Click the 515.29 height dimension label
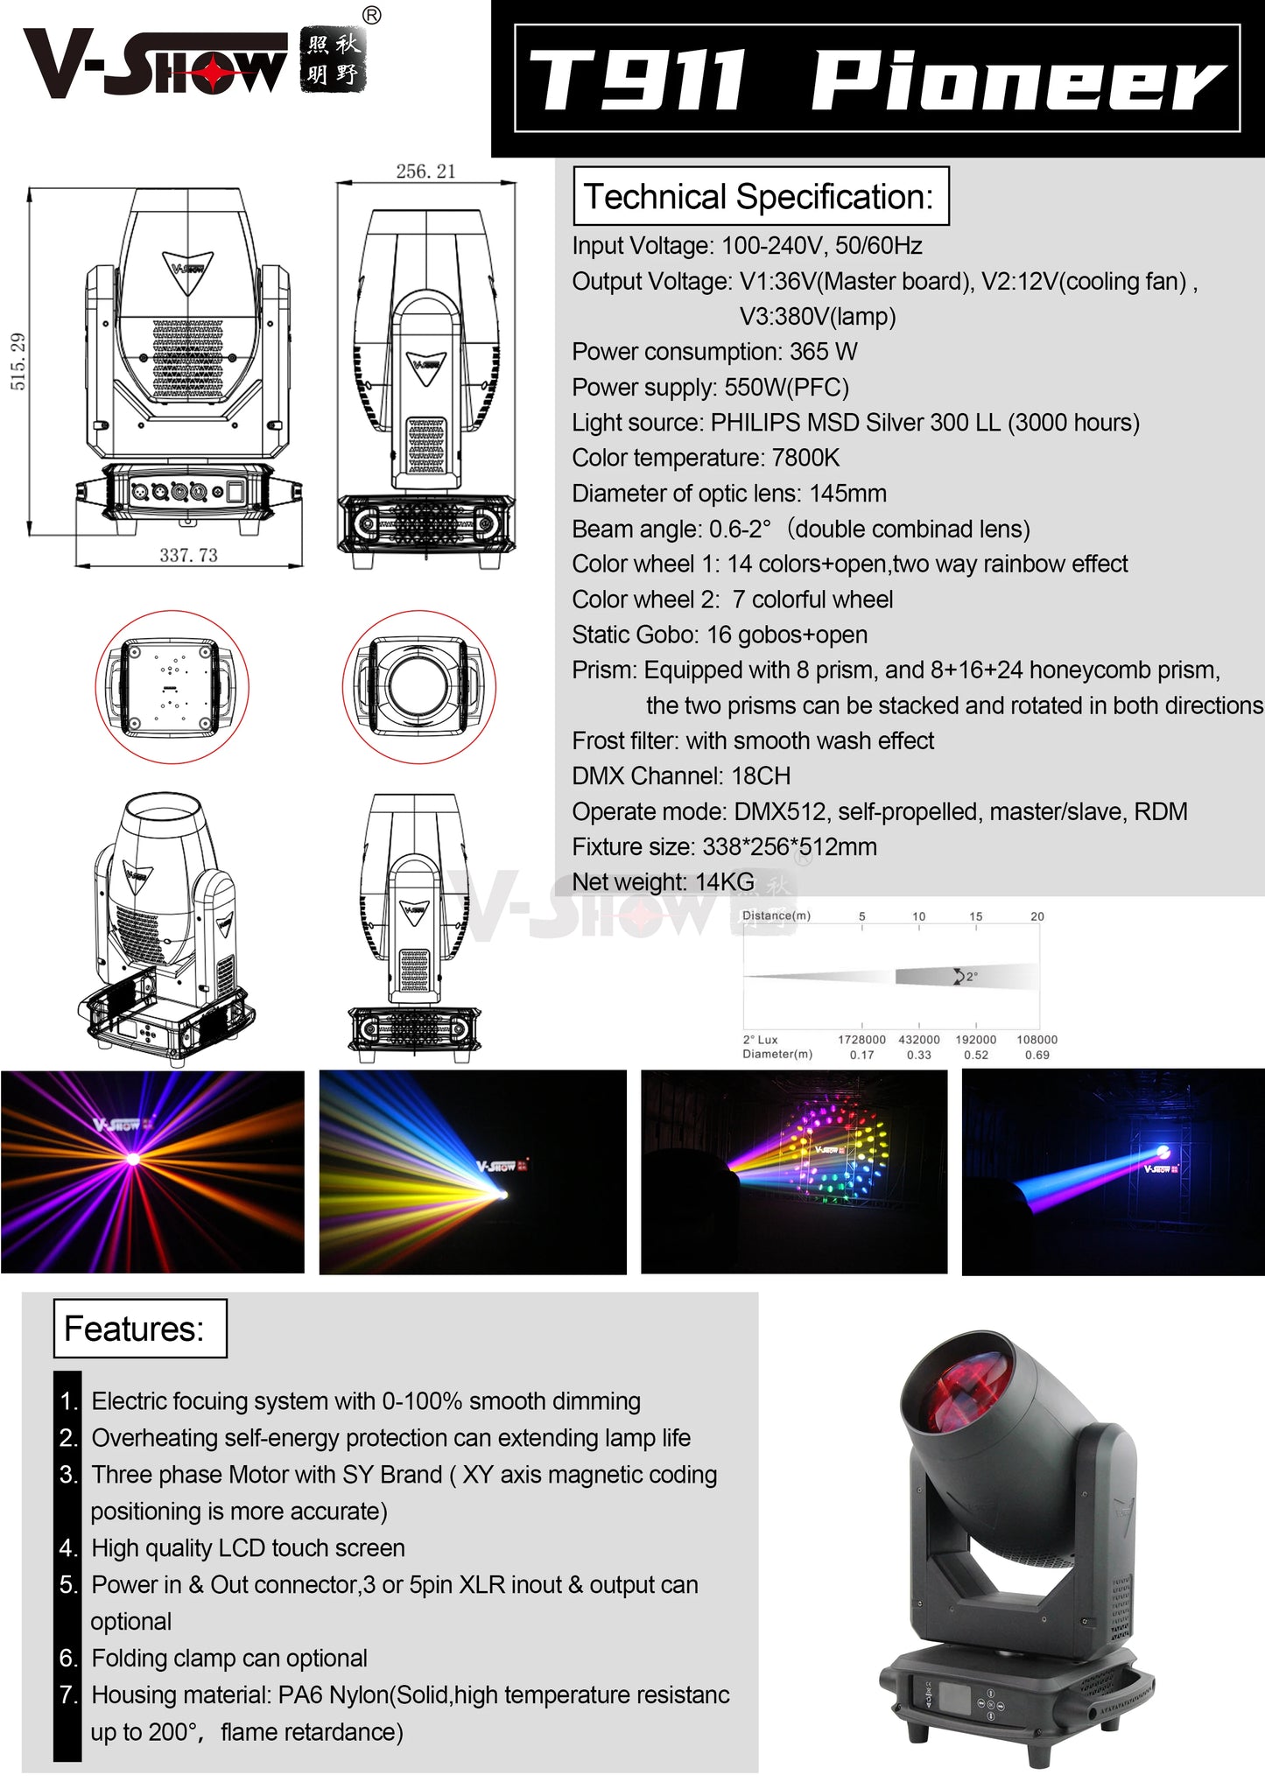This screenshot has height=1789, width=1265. tap(18, 361)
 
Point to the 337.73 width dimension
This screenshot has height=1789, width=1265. tap(188, 555)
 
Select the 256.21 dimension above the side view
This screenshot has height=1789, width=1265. tap(425, 172)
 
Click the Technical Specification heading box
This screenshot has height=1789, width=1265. tap(760, 197)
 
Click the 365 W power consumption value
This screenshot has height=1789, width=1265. tap(823, 352)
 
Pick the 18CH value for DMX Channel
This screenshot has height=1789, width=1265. tap(761, 776)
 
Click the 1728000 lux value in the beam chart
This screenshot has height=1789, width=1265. tap(861, 1040)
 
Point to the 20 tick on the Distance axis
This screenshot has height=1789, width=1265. tap(1037, 916)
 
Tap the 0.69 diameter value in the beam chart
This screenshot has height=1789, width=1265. tap(1037, 1055)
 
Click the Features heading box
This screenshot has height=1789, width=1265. tap(139, 1329)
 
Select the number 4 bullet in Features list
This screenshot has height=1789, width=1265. tap(68, 1548)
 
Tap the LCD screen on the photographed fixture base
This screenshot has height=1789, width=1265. tap(951, 1695)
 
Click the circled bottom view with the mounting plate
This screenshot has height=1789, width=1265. tap(172, 686)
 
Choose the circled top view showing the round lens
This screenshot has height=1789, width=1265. tap(418, 686)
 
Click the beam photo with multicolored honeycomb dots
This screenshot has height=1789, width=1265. tap(794, 1171)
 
